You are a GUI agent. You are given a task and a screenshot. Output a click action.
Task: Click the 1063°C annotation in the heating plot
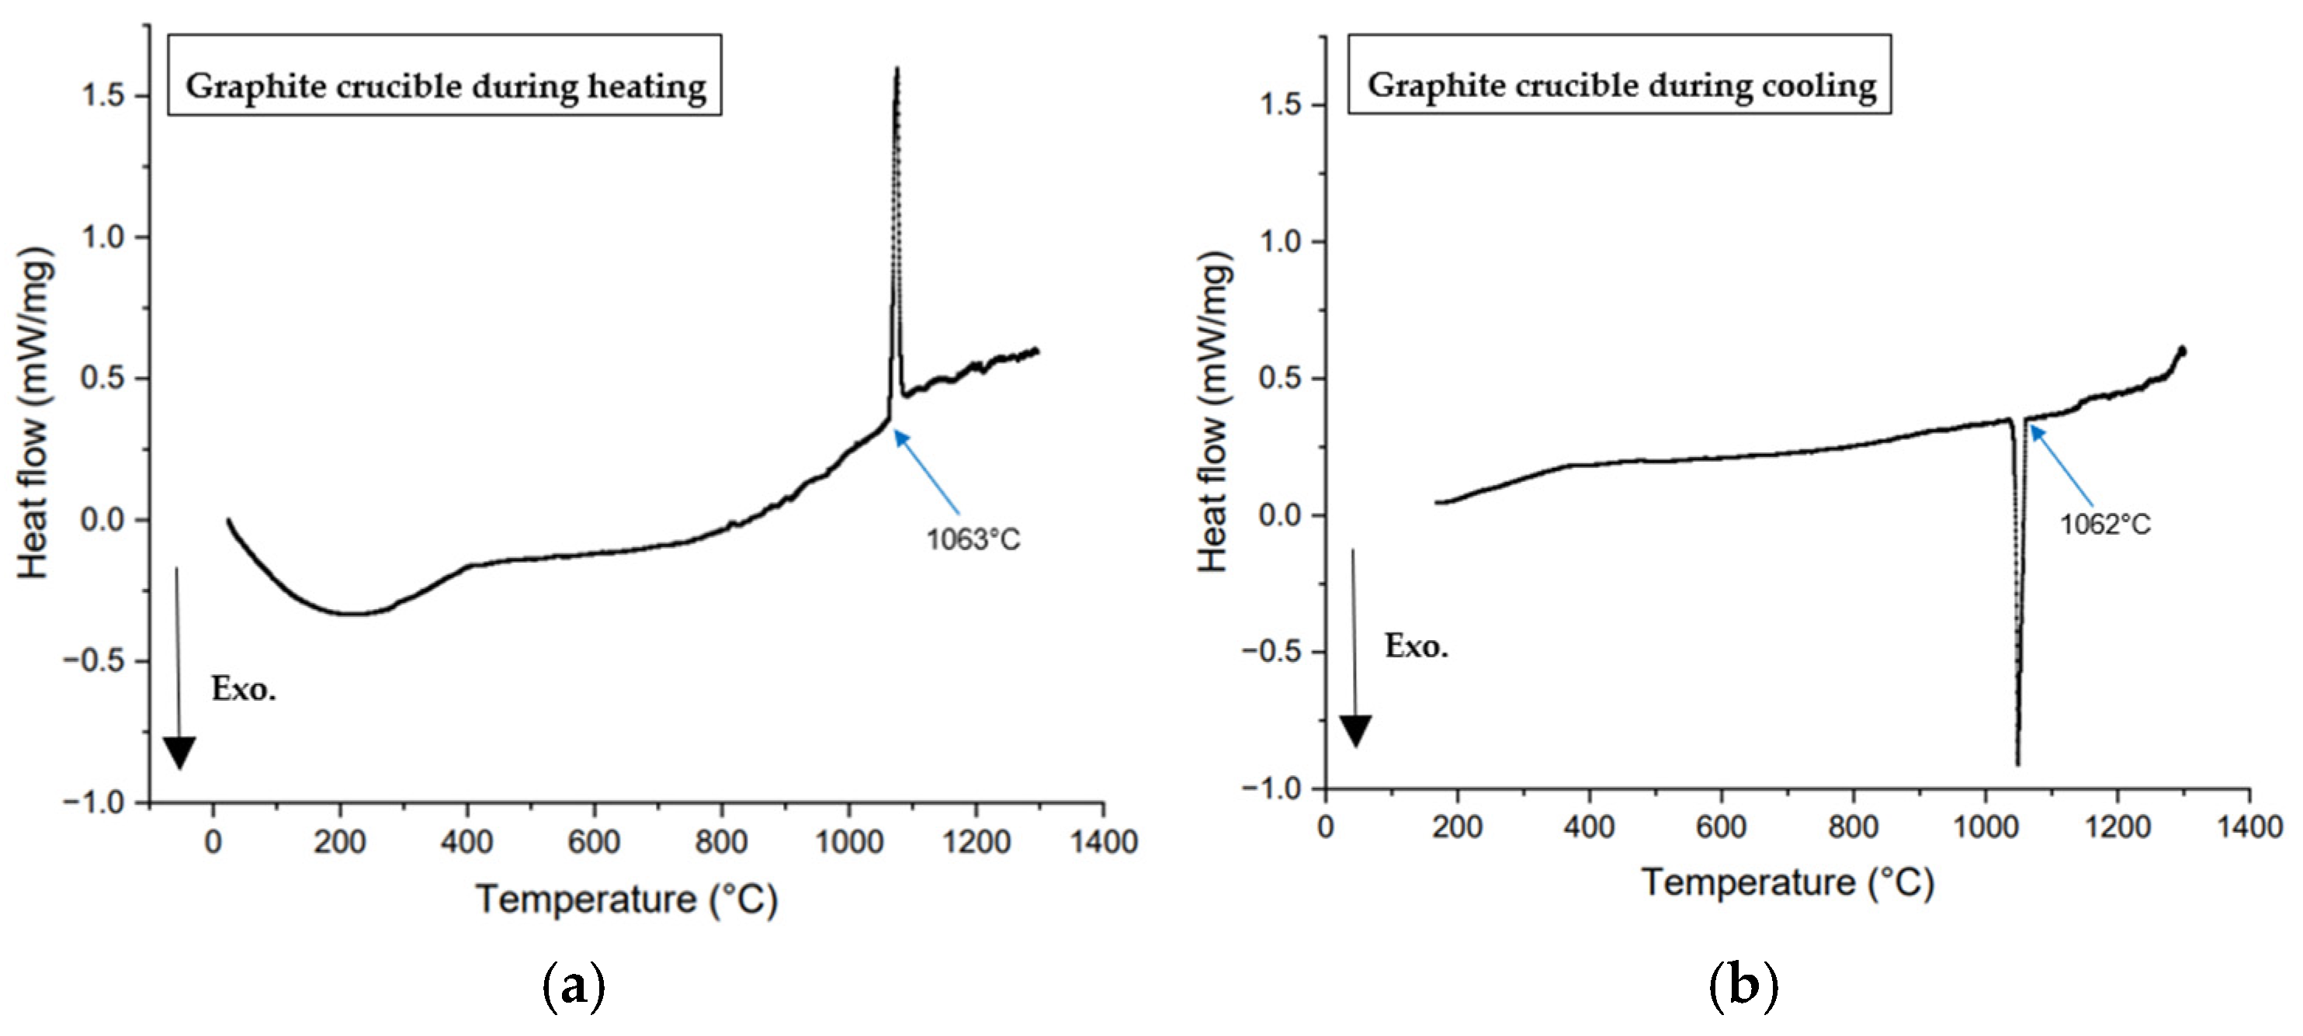pyautogui.click(x=973, y=540)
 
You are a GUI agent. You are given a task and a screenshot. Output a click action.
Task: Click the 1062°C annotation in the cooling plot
pyautogui.click(x=2104, y=524)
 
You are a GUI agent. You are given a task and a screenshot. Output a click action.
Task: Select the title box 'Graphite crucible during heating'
pyautogui.click(x=444, y=87)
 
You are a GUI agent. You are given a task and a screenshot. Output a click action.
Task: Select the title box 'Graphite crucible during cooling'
pyautogui.click(x=1619, y=86)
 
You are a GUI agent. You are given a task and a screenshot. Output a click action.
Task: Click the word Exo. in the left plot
pyautogui.click(x=243, y=689)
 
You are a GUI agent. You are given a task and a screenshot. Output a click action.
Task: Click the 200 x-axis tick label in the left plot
pyautogui.click(x=339, y=842)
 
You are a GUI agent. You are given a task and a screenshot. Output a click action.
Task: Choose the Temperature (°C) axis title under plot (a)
pyautogui.click(x=626, y=899)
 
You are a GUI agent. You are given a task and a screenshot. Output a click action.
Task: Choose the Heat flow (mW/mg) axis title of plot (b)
pyautogui.click(x=1214, y=411)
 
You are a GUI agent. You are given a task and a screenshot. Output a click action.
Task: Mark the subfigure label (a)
pyautogui.click(x=574, y=989)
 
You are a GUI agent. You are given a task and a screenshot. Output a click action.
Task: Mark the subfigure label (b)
pyautogui.click(x=1743, y=989)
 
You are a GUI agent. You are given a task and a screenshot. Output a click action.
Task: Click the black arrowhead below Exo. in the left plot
pyautogui.click(x=180, y=752)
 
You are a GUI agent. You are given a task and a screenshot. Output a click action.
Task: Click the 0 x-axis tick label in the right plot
pyautogui.click(x=1326, y=826)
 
